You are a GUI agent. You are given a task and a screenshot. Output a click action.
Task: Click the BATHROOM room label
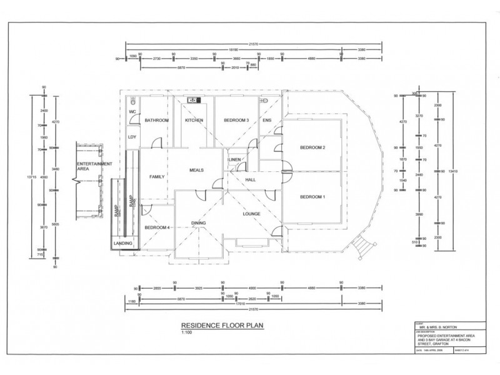click(157, 120)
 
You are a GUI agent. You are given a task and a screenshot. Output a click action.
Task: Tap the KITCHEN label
click(194, 120)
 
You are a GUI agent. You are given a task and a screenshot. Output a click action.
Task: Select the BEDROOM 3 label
click(236, 120)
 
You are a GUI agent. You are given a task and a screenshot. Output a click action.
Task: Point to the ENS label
click(267, 120)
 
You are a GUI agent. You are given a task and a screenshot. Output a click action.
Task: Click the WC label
click(132, 112)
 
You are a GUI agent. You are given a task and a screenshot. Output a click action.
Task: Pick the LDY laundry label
click(132, 137)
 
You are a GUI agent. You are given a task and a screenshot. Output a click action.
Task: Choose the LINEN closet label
click(236, 161)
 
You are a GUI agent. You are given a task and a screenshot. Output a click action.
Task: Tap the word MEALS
click(199, 169)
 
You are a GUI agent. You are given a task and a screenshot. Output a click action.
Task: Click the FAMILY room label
click(157, 177)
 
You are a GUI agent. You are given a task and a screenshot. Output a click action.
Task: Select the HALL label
click(251, 181)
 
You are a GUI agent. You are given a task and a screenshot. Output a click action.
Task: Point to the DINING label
click(199, 223)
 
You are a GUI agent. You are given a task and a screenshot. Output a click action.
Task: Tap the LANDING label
click(122, 243)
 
